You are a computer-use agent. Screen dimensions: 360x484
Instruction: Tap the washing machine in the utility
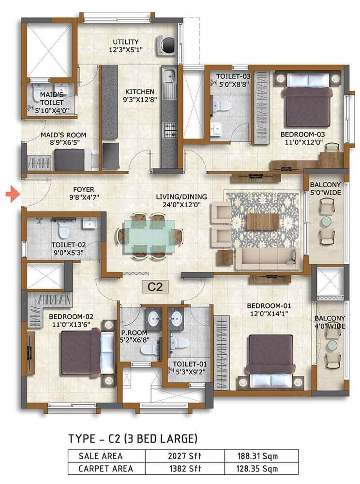pyautogui.click(x=167, y=45)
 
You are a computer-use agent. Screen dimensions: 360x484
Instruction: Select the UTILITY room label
pyautogui.click(x=125, y=42)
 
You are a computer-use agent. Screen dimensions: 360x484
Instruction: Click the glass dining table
pyautogui.click(x=149, y=236)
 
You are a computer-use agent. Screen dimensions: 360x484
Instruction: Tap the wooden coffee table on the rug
pyautogui.click(x=263, y=222)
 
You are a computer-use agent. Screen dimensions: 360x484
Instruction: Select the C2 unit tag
pyautogui.click(x=155, y=287)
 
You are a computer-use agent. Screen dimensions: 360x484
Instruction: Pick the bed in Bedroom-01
pyautogui.click(x=270, y=362)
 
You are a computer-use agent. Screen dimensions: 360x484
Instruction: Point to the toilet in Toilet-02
pyautogui.click(x=63, y=229)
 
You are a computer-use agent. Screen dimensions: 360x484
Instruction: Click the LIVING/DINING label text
pyautogui.click(x=181, y=197)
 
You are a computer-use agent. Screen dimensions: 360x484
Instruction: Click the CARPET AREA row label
pyautogui.click(x=106, y=468)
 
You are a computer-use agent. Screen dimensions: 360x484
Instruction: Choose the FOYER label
pyautogui.click(x=84, y=189)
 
